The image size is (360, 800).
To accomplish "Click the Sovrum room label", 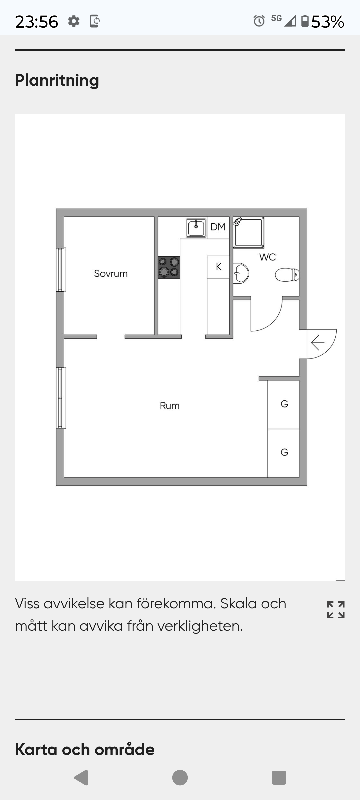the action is click(111, 274).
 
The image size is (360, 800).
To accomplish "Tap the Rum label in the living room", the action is click(170, 406).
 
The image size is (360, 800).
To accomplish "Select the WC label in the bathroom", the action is click(268, 257).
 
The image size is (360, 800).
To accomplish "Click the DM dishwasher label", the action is click(218, 227).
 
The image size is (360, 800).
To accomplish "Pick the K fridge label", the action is click(219, 267).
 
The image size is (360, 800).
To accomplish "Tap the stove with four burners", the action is click(169, 267).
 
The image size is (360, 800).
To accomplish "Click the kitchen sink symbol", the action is click(196, 228).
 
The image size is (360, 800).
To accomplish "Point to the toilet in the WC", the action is click(287, 275).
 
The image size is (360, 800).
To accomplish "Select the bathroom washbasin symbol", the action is click(241, 273).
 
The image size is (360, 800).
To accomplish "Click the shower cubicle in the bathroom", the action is click(248, 232).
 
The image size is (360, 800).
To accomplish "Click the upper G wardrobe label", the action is click(284, 404).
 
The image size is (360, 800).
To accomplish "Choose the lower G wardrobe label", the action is click(284, 452).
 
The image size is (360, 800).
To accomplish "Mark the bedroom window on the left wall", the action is click(61, 270).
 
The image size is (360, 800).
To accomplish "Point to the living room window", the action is click(61, 398).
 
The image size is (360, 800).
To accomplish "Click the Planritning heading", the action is click(57, 81).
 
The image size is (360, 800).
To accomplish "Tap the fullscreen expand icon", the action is click(336, 610).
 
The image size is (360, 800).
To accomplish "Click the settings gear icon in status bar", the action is click(74, 21).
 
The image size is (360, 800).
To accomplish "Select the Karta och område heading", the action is click(85, 749).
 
